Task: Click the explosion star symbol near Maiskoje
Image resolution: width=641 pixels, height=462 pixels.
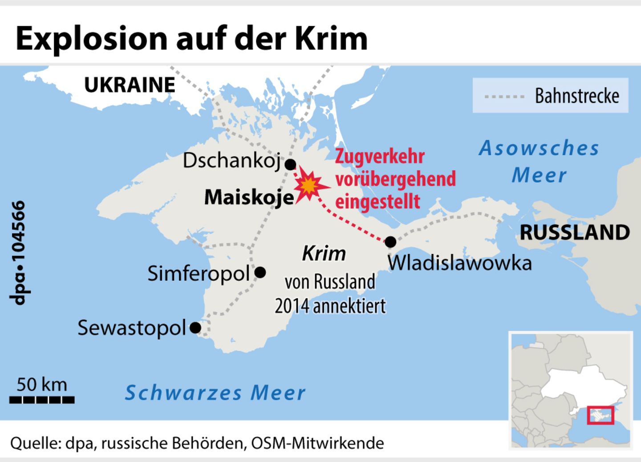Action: click(x=309, y=186)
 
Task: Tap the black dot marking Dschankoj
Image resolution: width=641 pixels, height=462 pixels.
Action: click(x=290, y=165)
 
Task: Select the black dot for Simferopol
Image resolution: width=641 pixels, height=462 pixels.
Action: click(x=260, y=272)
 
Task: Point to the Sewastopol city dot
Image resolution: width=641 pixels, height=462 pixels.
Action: click(x=195, y=328)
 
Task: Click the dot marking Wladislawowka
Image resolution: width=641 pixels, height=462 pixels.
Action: click(x=390, y=242)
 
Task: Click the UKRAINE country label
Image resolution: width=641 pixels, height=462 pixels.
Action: click(x=130, y=85)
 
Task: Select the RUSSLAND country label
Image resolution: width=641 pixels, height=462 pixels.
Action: click(x=575, y=233)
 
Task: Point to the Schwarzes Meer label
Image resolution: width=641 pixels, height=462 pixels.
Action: click(x=215, y=393)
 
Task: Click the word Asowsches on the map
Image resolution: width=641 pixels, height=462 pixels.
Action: click(x=539, y=148)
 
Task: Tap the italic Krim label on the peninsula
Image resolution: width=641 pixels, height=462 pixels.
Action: click(x=324, y=254)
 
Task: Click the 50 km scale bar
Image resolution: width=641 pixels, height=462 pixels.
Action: click(x=42, y=400)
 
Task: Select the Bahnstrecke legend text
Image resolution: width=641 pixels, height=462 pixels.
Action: click(x=577, y=96)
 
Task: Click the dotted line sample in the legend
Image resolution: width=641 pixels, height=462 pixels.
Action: click(x=504, y=96)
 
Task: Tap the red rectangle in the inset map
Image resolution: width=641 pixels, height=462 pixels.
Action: click(x=600, y=415)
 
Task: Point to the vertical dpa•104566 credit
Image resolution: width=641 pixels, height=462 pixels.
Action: click(x=18, y=253)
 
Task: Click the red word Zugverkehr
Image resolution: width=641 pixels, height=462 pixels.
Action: click(x=380, y=157)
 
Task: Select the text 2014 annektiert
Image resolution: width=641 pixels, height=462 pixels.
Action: click(x=330, y=306)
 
